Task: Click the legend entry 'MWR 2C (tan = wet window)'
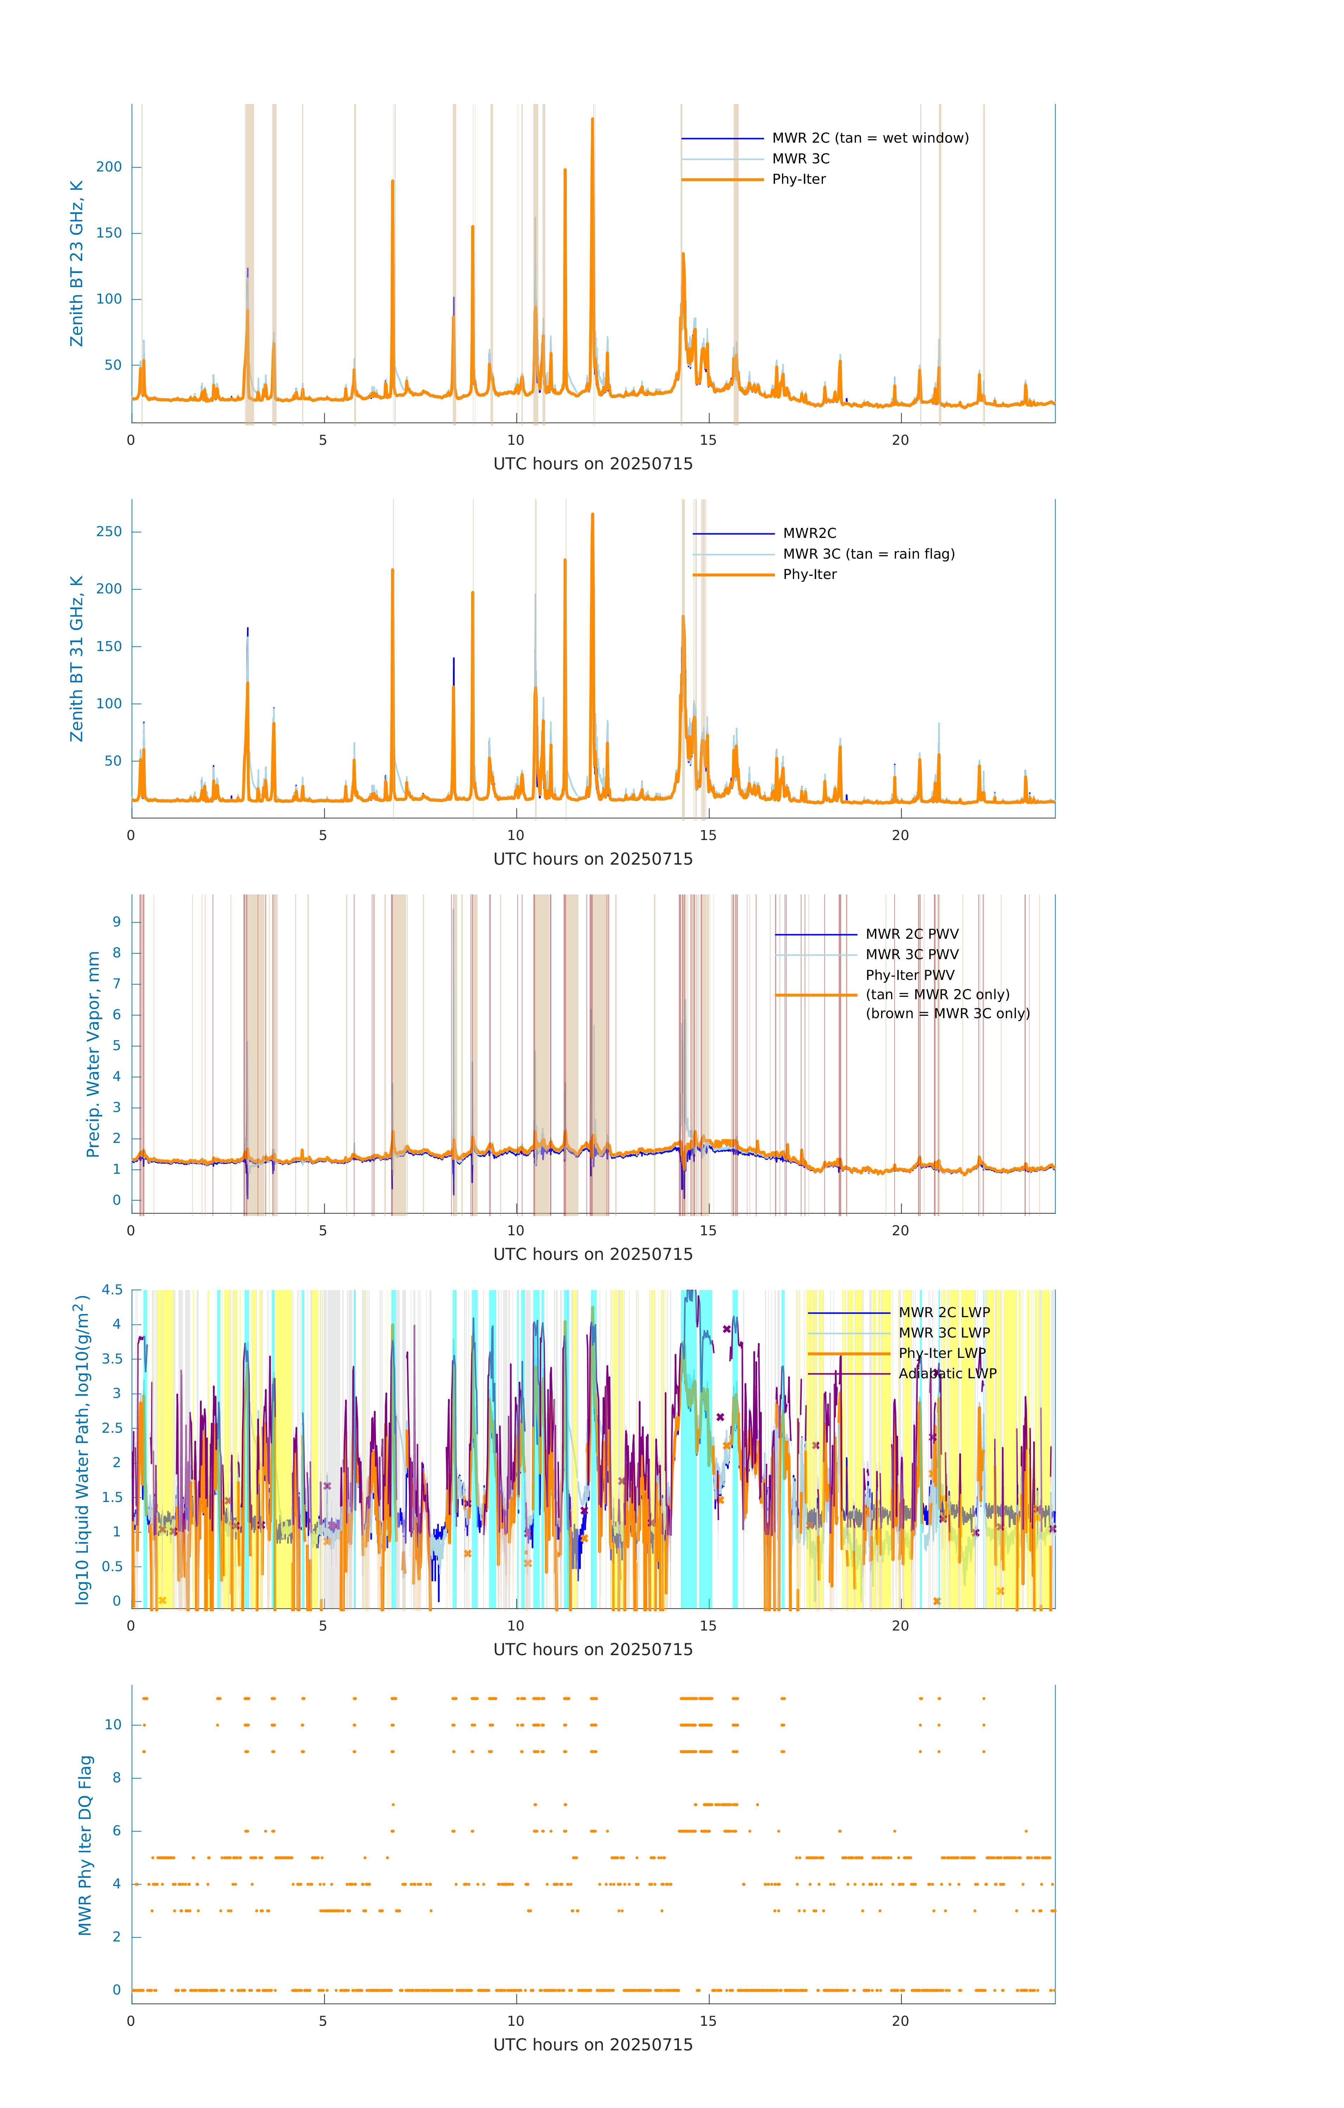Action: click(869, 138)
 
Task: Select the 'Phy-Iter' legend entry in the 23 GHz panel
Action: click(799, 180)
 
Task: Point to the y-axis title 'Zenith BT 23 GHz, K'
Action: click(77, 263)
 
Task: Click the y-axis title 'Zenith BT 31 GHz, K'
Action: click(77, 658)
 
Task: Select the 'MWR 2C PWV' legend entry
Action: click(911, 934)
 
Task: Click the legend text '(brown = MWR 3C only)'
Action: click(947, 1014)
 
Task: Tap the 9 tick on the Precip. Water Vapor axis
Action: click(116, 922)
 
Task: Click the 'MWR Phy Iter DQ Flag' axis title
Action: click(85, 1845)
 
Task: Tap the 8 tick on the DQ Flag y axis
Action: click(116, 1778)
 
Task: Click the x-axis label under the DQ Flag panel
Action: click(593, 2045)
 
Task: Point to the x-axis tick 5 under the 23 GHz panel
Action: click(323, 440)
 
